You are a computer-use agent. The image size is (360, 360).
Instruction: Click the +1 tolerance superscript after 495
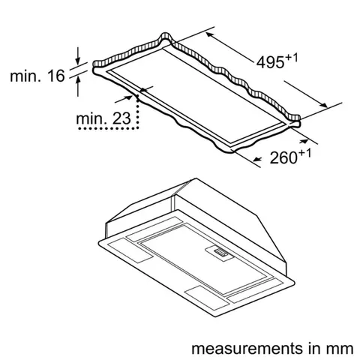click(x=290, y=53)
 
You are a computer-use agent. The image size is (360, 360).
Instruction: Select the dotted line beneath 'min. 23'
click(x=105, y=130)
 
